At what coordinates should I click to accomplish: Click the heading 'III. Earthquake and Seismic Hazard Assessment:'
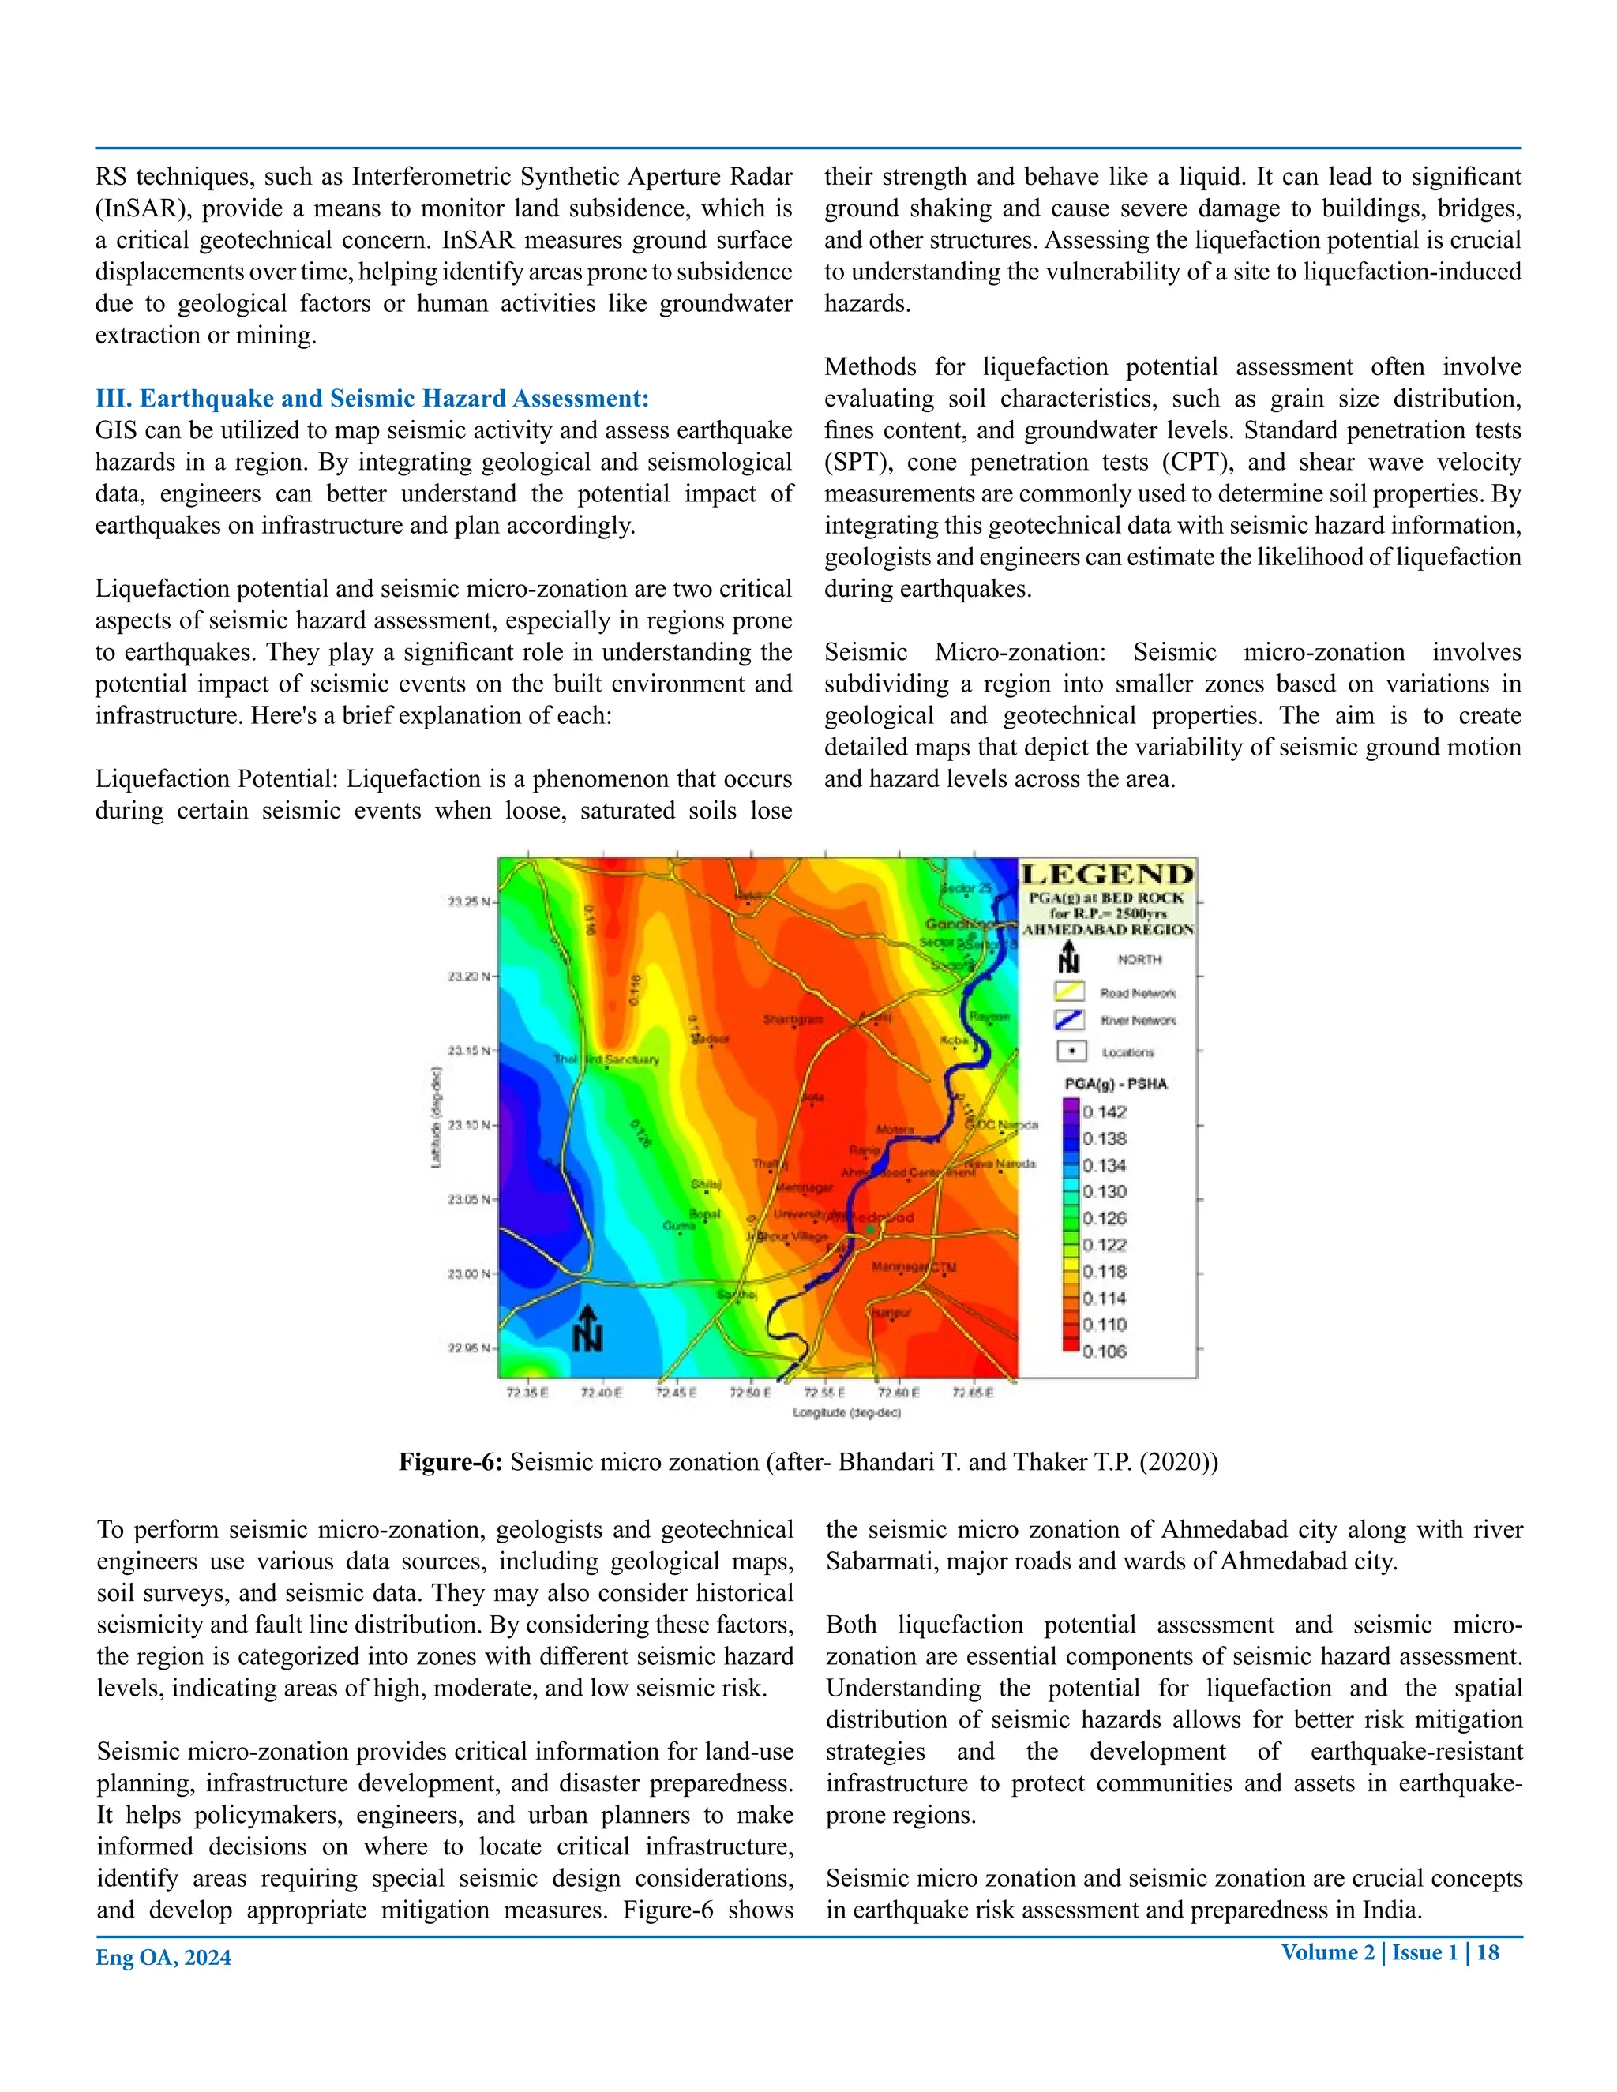[x=372, y=399]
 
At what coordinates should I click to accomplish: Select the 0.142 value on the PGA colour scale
[x=1105, y=1112]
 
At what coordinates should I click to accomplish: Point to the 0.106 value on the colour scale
[x=1105, y=1352]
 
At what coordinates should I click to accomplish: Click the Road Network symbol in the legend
[x=1069, y=992]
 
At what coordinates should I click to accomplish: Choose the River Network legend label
[x=1138, y=1021]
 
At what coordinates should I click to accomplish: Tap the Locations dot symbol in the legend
[x=1071, y=1051]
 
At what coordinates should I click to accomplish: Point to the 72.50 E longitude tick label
[x=750, y=1393]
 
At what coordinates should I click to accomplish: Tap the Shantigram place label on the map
[x=792, y=1020]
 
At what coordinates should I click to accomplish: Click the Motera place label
[x=895, y=1130]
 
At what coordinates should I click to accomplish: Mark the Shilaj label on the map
[x=705, y=1185]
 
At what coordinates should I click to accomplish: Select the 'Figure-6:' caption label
[x=450, y=1462]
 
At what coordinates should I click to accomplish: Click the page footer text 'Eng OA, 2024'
[x=163, y=1957]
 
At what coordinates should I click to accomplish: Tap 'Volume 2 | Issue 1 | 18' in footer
[x=1390, y=1952]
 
